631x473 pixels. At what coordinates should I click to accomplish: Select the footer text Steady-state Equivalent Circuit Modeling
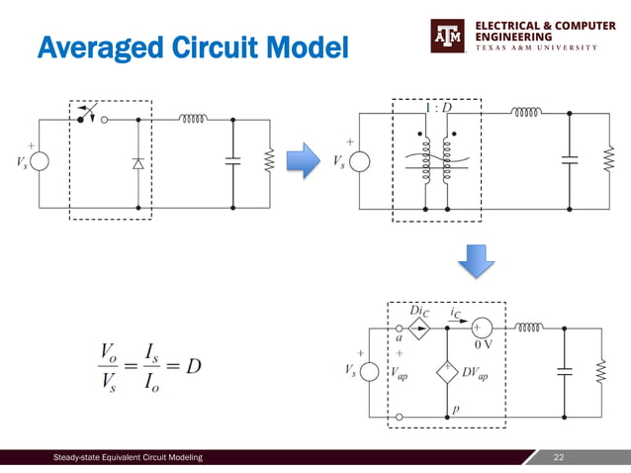[x=129, y=457]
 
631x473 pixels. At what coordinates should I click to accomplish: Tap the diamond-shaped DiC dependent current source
[x=418, y=329]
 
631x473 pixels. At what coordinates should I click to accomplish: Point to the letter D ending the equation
[x=194, y=366]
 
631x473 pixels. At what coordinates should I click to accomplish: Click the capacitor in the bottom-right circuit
[x=565, y=371]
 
